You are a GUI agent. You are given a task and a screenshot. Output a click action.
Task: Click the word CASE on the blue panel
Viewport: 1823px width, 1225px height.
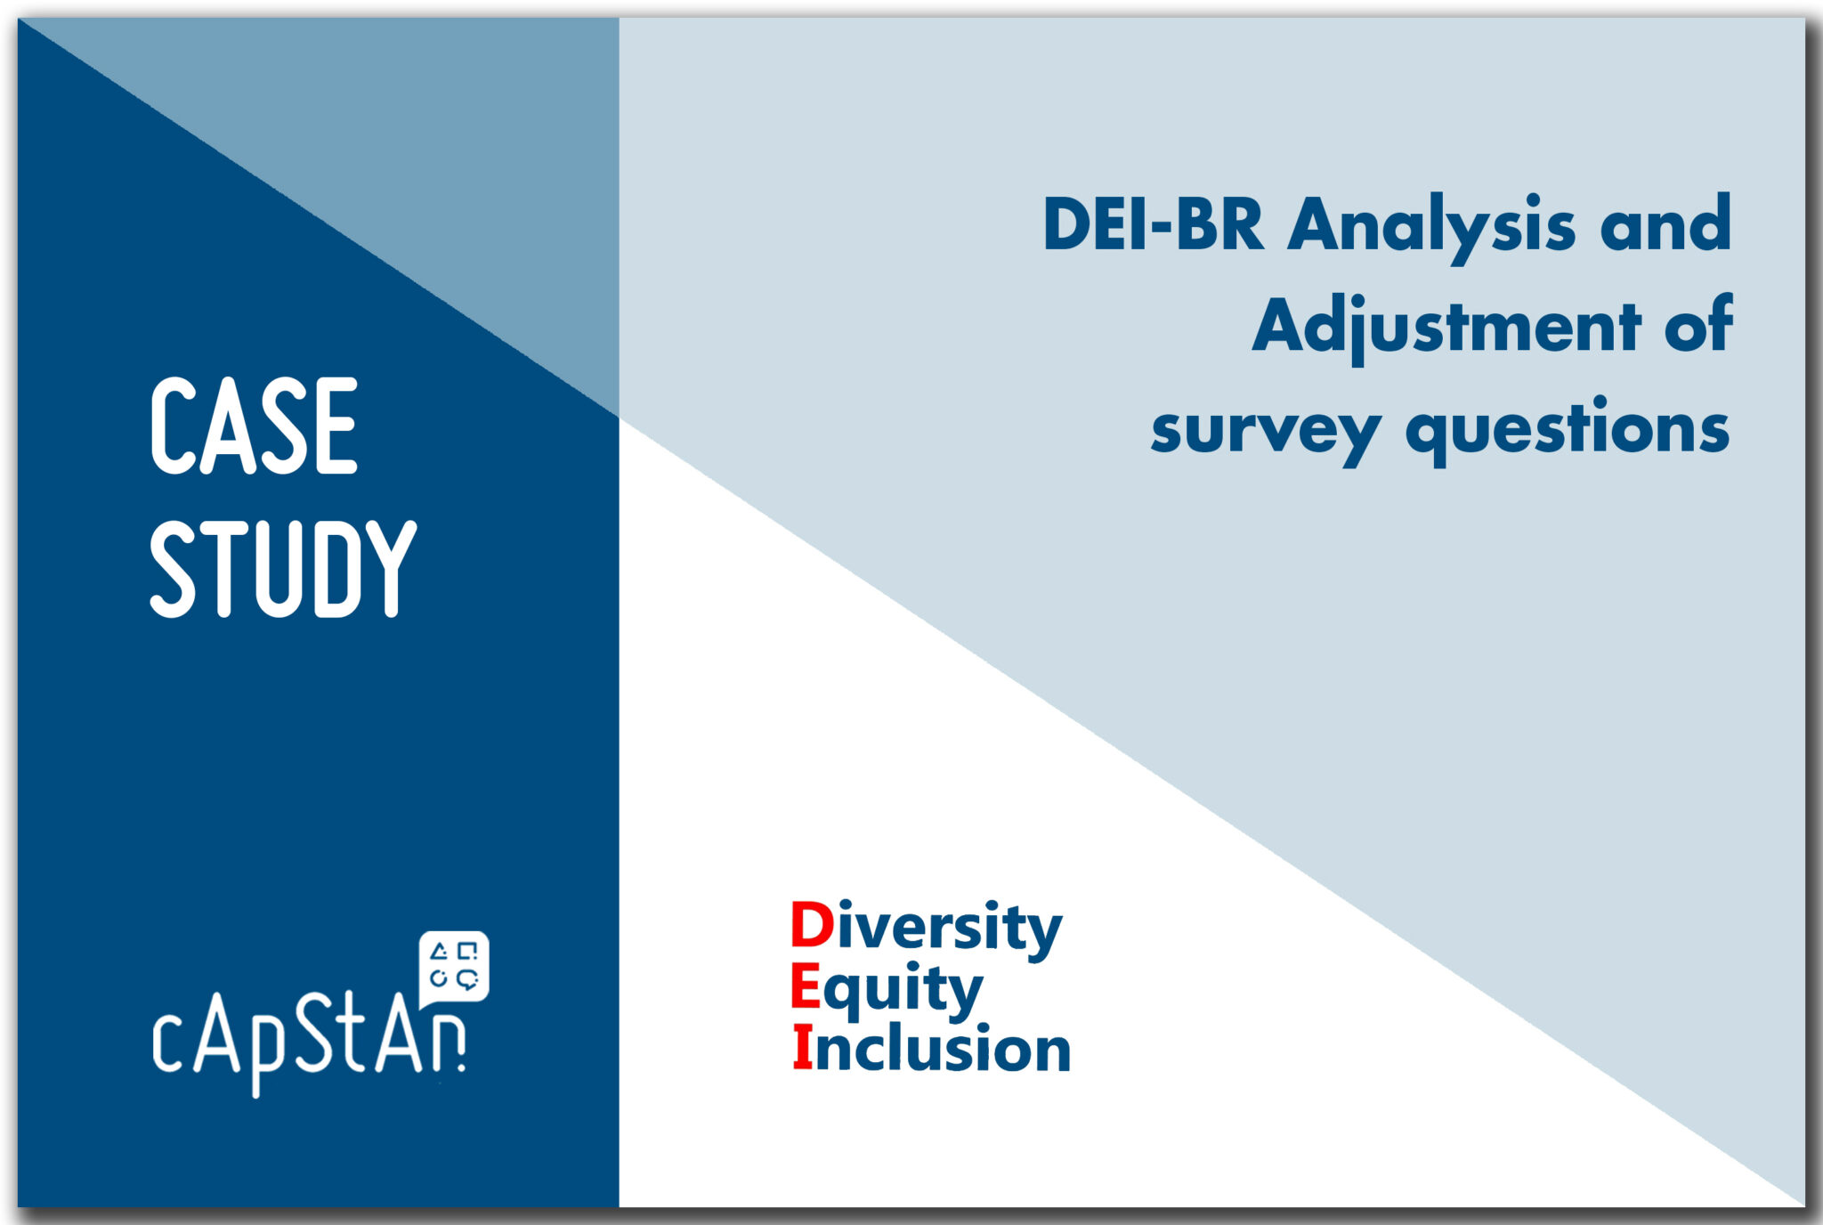255,426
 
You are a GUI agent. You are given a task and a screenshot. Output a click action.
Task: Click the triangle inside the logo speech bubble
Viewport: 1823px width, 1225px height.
439,952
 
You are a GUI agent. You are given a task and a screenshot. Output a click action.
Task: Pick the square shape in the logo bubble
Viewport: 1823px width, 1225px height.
467,951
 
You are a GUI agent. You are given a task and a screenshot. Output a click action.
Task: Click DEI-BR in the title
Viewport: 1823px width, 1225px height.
1153,224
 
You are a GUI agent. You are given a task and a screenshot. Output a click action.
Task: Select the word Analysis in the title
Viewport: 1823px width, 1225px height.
1431,227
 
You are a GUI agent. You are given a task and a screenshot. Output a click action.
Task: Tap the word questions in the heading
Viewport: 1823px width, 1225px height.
1568,431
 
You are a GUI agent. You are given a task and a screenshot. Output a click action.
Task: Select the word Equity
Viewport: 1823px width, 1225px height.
887,989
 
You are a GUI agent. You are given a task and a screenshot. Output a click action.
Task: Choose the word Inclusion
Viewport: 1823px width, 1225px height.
931,1048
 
